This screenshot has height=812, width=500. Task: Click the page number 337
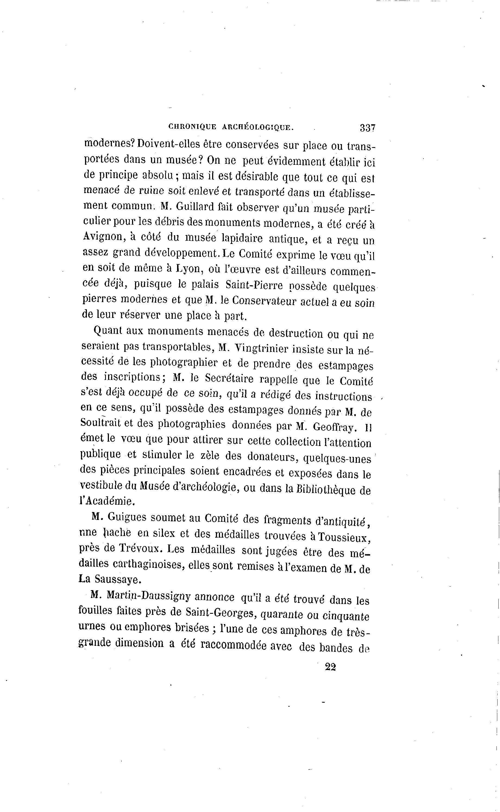(x=367, y=128)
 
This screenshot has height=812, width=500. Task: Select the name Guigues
(x=127, y=517)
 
